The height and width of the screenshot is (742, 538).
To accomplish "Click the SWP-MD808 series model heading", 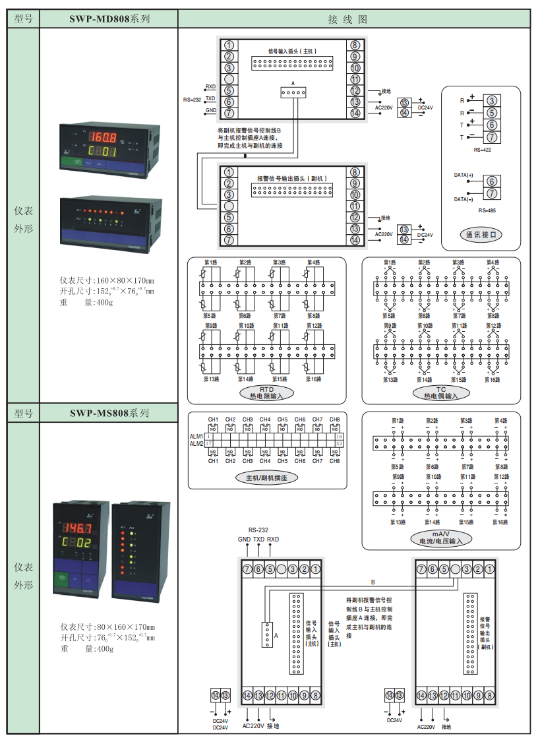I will tap(109, 19).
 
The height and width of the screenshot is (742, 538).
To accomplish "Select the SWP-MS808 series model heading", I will tap(109, 414).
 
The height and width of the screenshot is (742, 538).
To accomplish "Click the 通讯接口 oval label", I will tap(481, 234).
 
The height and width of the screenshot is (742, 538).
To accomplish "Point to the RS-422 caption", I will tap(482, 150).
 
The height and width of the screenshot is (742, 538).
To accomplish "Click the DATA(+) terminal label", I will tap(464, 175).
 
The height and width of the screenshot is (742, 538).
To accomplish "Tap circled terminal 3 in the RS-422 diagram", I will tap(491, 101).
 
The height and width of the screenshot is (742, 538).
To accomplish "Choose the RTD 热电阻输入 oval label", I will tap(266, 393).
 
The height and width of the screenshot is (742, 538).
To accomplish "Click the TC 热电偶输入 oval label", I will tap(441, 393).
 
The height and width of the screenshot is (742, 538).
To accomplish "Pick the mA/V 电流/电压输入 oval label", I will tap(441, 537).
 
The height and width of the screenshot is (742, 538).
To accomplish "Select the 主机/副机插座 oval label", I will tap(266, 478).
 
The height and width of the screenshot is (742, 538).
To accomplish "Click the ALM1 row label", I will tap(196, 437).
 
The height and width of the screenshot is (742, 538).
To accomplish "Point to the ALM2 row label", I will tap(196, 444).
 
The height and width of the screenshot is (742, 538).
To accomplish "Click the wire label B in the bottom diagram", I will tap(373, 582).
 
